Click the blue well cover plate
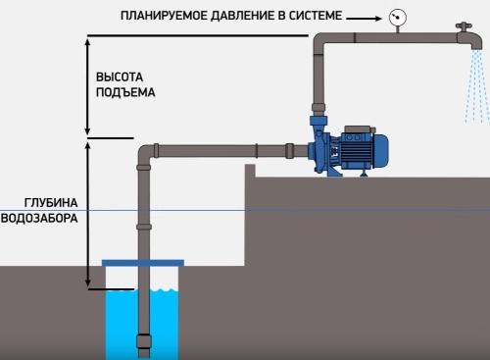(143, 262)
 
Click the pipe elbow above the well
(146, 153)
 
